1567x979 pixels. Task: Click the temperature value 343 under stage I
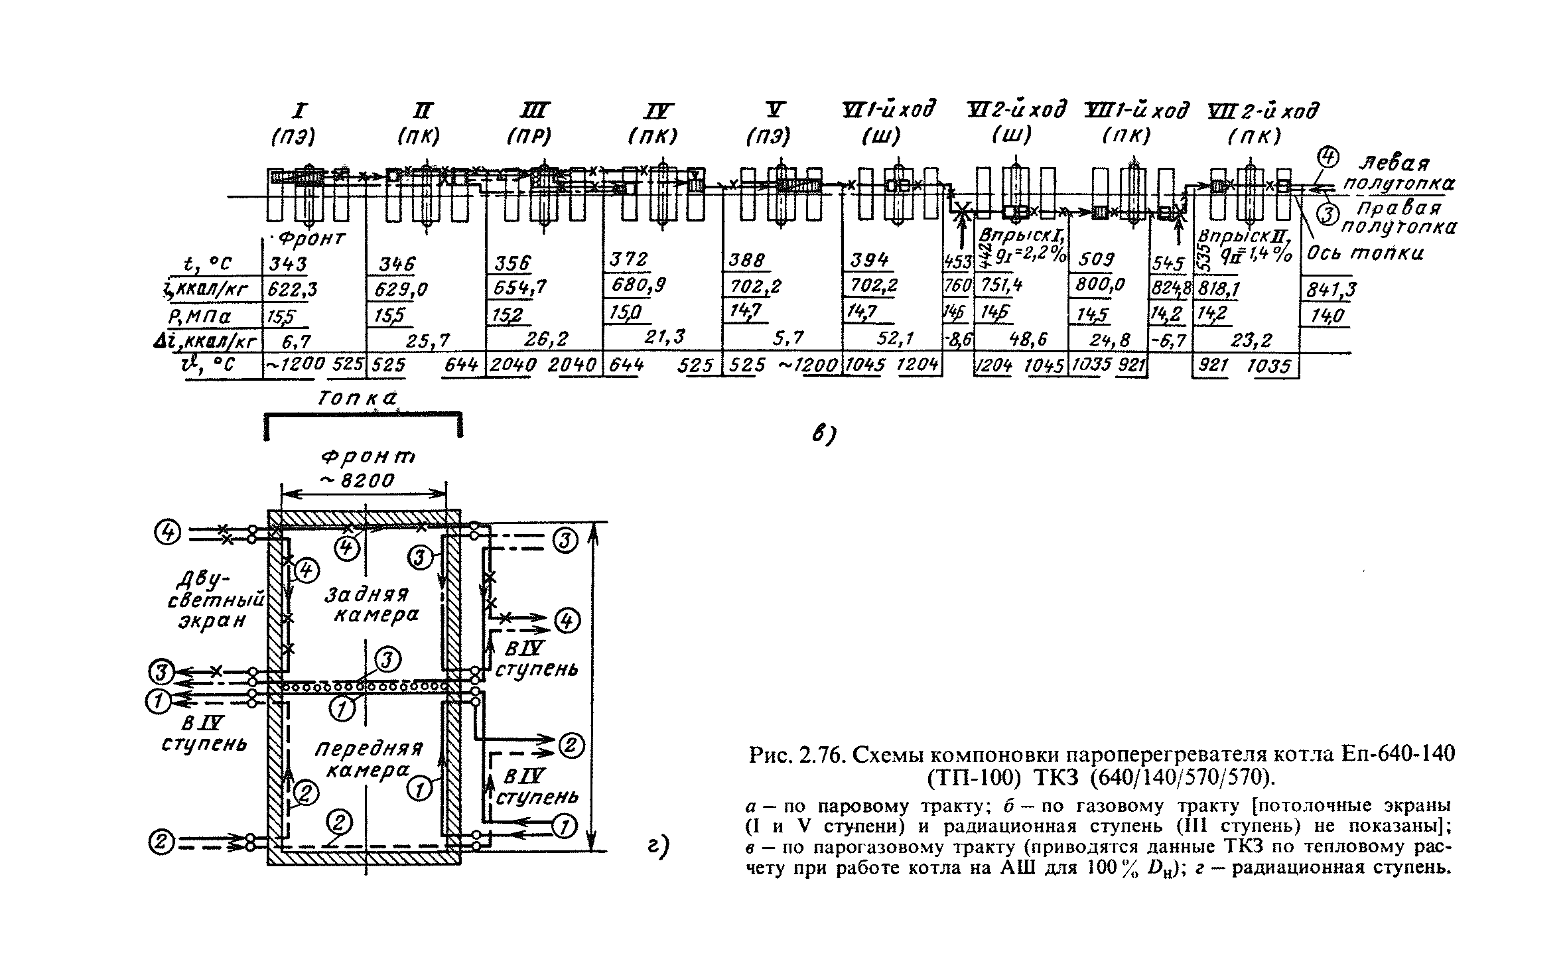[x=288, y=264]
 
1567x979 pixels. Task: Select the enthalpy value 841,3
[x=1329, y=290]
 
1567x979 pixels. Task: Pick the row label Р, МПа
[x=206, y=316]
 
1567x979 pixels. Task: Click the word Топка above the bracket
[x=357, y=399]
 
